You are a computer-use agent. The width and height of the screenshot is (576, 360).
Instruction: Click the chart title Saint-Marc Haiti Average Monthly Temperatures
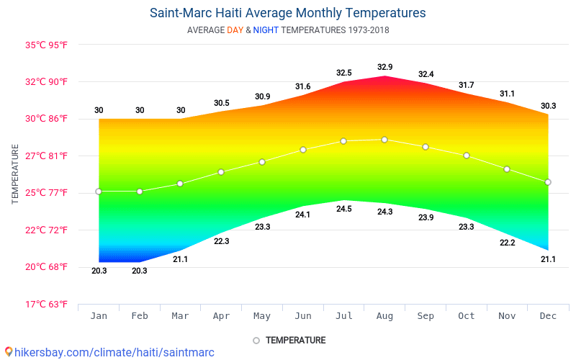pos(287,13)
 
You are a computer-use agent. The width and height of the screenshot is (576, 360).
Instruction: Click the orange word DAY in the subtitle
pos(235,30)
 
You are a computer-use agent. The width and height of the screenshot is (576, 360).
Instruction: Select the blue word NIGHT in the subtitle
pos(266,30)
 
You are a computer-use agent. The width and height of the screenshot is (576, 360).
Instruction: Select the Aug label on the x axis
pos(384,316)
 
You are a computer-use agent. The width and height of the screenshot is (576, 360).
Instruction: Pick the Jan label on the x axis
pos(99,316)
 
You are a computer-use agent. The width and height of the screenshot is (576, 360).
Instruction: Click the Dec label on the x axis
pos(548,316)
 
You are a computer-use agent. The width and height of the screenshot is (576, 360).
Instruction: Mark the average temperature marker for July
pos(343,141)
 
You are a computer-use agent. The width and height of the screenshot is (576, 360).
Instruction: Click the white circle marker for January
pos(99,192)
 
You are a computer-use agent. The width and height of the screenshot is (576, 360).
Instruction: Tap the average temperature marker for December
pos(548,182)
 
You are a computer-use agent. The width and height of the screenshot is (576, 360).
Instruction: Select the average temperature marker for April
pos(221,172)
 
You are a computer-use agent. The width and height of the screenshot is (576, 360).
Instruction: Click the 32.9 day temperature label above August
pos(385,68)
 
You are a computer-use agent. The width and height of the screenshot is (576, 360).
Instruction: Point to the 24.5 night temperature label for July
pos(344,209)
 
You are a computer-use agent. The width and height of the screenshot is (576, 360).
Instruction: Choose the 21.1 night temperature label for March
pos(180,259)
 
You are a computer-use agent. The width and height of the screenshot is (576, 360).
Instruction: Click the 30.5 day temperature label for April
pos(222,103)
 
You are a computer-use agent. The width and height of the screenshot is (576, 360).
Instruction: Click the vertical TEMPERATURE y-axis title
pos(15,174)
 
